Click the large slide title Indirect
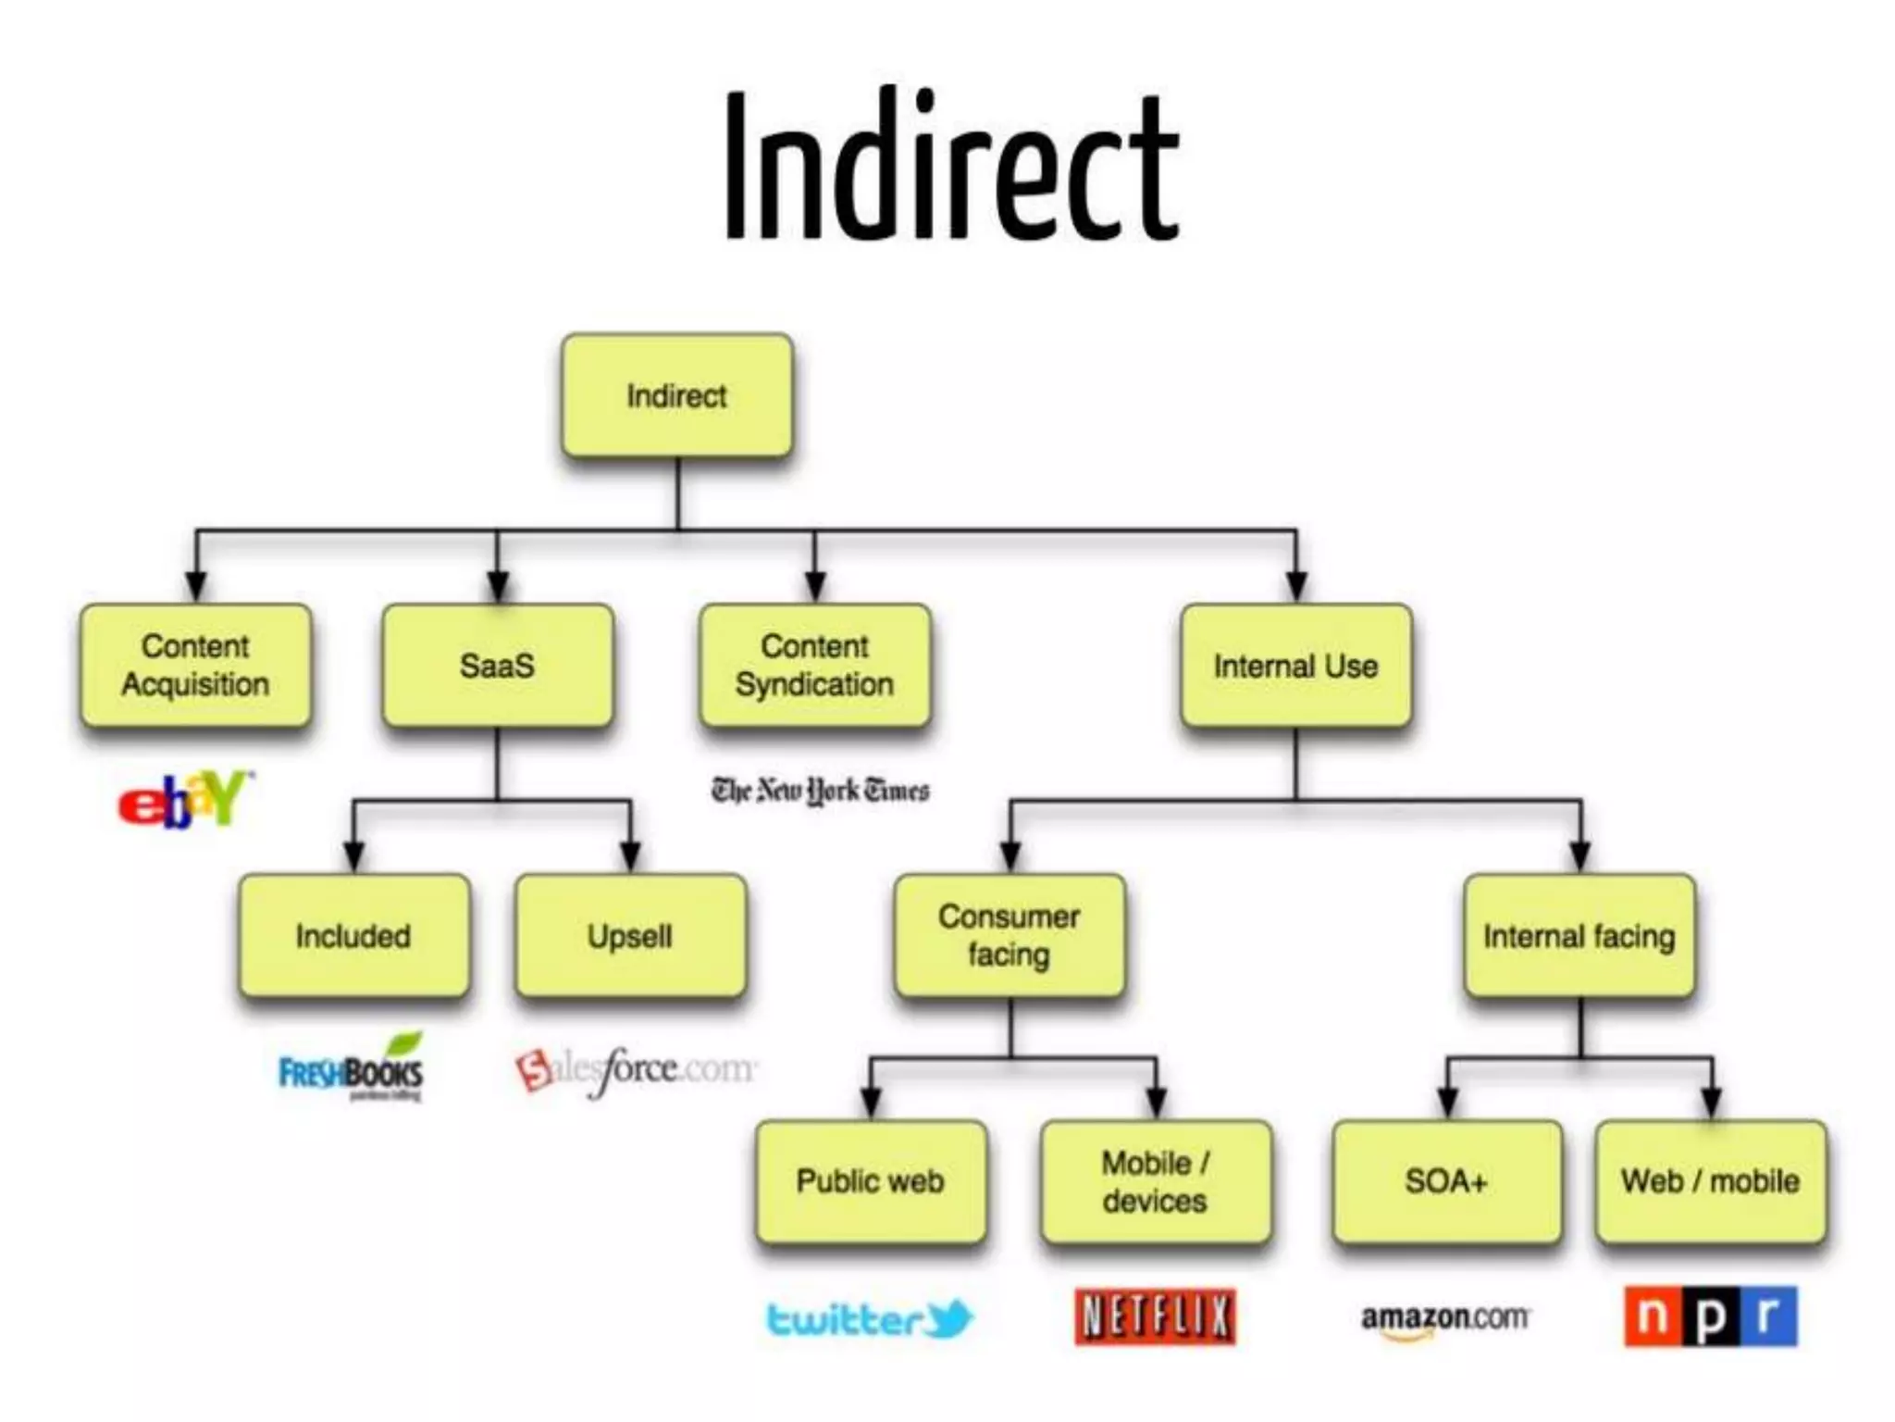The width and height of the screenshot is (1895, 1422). [x=951, y=167]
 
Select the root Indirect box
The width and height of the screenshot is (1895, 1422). [x=677, y=396]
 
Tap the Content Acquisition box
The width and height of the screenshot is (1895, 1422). [x=195, y=665]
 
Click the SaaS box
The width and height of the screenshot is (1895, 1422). [x=497, y=665]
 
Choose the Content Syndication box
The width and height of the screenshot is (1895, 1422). [x=814, y=665]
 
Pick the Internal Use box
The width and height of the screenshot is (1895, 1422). [x=1295, y=665]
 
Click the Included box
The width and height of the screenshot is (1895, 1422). [x=353, y=936]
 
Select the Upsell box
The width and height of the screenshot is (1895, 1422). [x=630, y=936]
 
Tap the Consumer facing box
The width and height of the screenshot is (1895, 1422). [x=1009, y=936]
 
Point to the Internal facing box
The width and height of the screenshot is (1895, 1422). [x=1579, y=936]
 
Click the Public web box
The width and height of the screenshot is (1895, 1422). [x=871, y=1181]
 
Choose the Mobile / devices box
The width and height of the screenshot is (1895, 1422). [x=1156, y=1181]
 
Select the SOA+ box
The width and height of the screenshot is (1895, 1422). [x=1446, y=1181]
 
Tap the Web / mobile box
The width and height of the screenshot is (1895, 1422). [x=1711, y=1181]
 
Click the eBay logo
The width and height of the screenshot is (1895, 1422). [x=185, y=799]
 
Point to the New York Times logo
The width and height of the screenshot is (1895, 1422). [x=820, y=792]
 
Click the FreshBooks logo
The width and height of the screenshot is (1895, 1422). [x=352, y=1069]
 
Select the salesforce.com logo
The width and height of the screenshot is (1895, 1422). [x=636, y=1070]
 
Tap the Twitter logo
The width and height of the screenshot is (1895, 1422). [x=870, y=1318]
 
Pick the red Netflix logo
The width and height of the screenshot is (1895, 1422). [x=1155, y=1316]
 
